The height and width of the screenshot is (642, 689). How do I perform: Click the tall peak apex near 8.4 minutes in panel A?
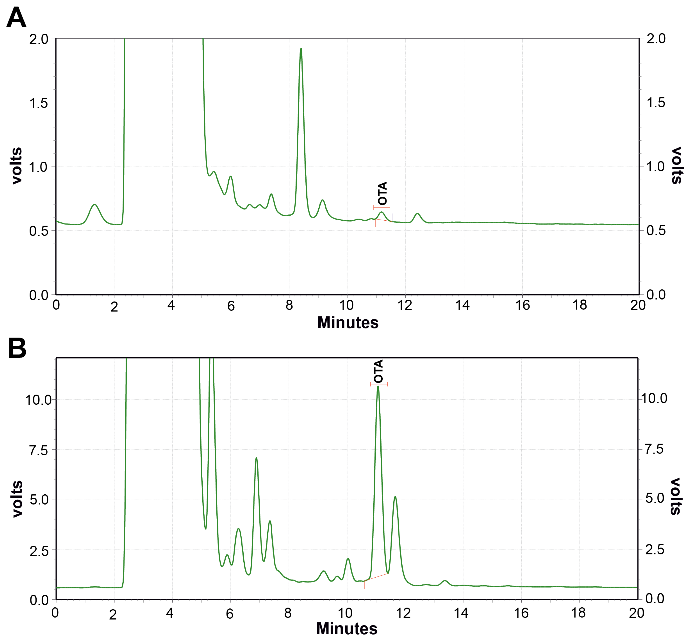point(301,49)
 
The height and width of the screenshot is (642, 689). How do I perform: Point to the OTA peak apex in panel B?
point(378,386)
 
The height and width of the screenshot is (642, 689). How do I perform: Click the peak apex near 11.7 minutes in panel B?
point(395,497)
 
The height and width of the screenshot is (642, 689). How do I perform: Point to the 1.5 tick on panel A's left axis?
point(39,103)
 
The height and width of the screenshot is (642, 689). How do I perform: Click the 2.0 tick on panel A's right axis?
point(656,38)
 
